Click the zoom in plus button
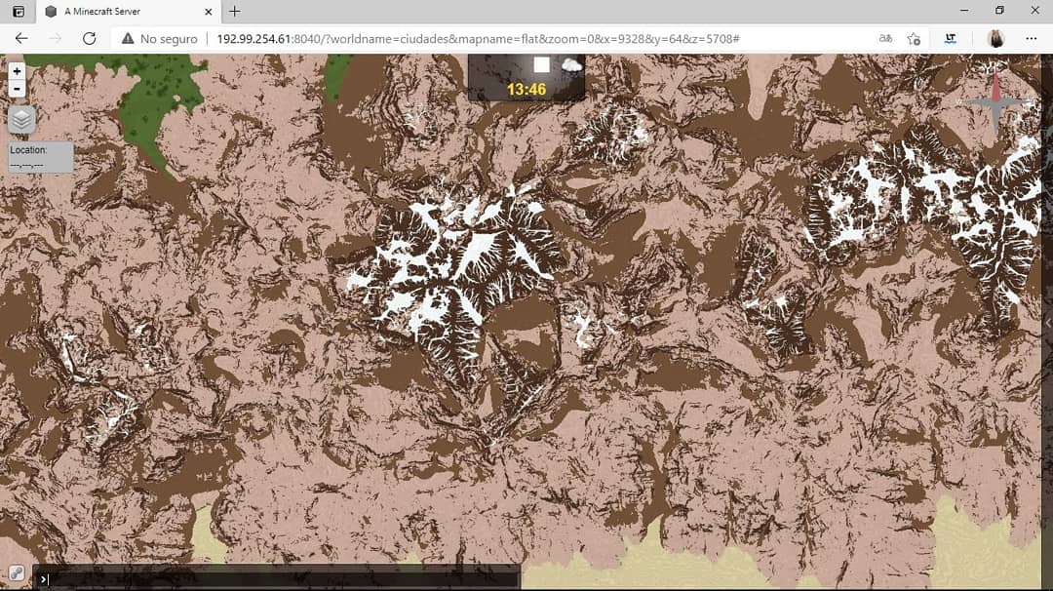tap(17, 71)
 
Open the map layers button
tap(21, 119)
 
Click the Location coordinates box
tap(41, 157)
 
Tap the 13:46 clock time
tap(526, 90)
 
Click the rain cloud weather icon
tap(571, 66)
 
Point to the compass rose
tap(995, 102)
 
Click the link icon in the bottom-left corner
tap(17, 573)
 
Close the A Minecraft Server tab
tap(208, 12)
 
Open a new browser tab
tap(235, 12)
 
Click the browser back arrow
tap(21, 38)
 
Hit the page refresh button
tap(89, 38)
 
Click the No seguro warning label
tap(159, 38)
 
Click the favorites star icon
tap(914, 38)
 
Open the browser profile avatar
tap(995, 38)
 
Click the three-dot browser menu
tap(1032, 38)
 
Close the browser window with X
tap(1033, 11)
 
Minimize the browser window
tap(963, 11)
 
